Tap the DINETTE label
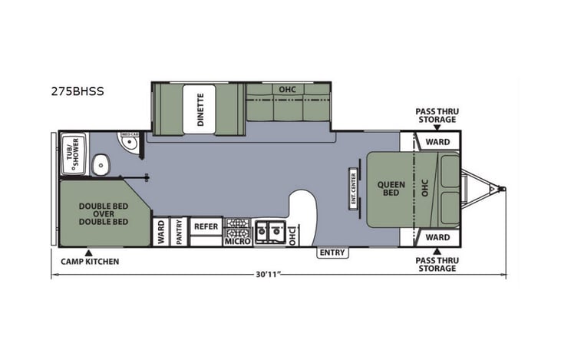click(200, 108)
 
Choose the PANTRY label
click(178, 232)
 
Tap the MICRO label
click(237, 242)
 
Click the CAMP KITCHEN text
click(90, 262)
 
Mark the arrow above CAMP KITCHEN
click(89, 252)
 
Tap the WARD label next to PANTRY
click(161, 232)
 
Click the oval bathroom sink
click(97, 164)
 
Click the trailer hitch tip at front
click(502, 186)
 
